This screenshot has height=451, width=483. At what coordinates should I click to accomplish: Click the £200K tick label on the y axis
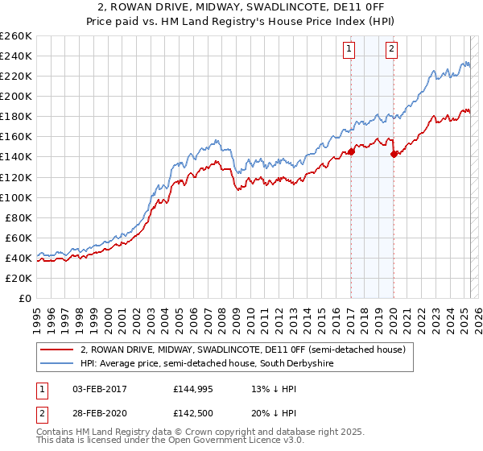[15, 96]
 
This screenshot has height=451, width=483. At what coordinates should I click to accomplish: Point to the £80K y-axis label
[18, 217]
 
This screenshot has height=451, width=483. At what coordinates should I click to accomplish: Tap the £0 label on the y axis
[24, 298]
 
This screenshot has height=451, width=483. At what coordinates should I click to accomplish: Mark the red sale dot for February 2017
[351, 151]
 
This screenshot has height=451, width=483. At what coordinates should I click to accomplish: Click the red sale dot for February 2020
[394, 154]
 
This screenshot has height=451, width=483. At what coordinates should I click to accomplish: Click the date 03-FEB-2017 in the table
[97, 389]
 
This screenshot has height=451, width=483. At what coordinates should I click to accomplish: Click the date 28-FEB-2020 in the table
[97, 415]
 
